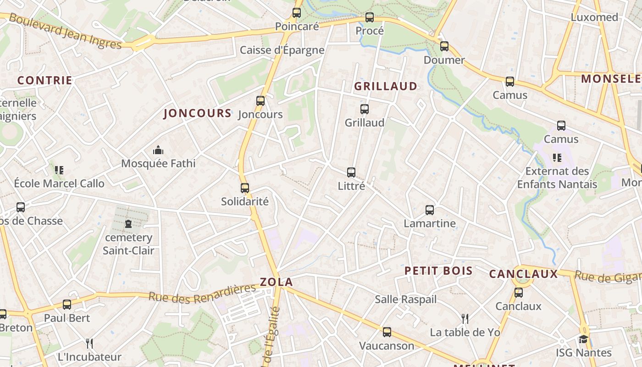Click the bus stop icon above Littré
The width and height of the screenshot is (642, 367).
pos(351,172)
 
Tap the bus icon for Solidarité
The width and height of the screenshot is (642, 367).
pos(245,188)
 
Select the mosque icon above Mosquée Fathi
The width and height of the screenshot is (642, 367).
pos(158,150)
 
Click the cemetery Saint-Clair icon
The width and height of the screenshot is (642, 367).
pos(128,224)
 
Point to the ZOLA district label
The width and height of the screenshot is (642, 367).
pos(276,282)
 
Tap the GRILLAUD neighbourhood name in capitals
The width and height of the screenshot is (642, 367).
pos(386,86)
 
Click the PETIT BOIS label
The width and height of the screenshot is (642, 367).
pos(438,271)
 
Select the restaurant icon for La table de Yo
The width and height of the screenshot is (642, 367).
pos(465,318)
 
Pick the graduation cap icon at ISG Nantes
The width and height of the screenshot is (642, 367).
pos(583,339)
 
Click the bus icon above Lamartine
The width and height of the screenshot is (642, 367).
pos(430,210)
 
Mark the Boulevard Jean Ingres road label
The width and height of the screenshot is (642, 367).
pos(65,31)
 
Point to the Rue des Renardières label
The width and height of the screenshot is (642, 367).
pos(202,293)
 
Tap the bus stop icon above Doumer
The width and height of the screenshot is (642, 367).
pos(444,46)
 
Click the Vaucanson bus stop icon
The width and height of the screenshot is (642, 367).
pos(387,332)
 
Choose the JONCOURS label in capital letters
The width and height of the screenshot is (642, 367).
pos(197,114)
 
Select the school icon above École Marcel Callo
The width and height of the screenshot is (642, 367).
pos(59,170)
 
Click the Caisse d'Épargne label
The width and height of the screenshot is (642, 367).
pos(282,50)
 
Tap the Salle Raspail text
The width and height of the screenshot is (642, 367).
pos(405,300)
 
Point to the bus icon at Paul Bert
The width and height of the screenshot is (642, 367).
pos(67,305)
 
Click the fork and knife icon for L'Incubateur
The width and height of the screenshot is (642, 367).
pos(89,343)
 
